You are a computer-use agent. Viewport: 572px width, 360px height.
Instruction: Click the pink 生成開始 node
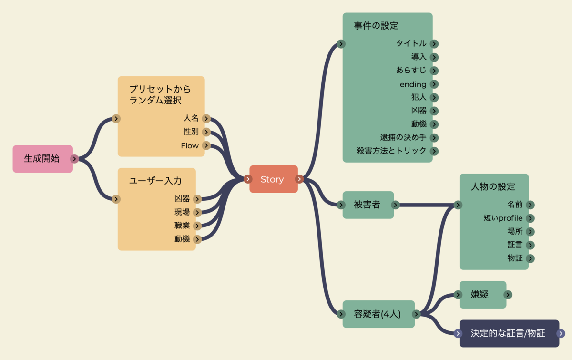(42, 159)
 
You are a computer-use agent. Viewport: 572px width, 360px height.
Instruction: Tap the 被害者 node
(368, 205)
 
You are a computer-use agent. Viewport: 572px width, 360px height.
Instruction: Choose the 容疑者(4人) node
(378, 314)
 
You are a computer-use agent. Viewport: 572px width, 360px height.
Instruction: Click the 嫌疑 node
(480, 295)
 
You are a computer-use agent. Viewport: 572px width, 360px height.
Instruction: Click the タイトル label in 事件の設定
(411, 43)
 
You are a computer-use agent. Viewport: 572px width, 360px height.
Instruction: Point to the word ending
(413, 84)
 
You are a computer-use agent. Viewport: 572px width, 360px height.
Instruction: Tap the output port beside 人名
(206, 119)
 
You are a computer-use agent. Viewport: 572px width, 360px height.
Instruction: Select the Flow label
(190, 145)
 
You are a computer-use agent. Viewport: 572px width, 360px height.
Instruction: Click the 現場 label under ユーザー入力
(182, 212)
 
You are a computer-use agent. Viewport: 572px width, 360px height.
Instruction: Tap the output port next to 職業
(197, 226)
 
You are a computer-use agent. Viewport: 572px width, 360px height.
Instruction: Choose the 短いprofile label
(503, 218)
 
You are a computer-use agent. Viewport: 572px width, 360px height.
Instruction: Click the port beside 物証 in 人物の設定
(530, 258)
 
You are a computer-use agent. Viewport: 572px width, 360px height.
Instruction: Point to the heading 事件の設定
(376, 26)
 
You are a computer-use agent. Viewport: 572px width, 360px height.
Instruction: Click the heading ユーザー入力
(155, 181)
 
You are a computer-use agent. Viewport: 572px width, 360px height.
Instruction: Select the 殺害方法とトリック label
(391, 151)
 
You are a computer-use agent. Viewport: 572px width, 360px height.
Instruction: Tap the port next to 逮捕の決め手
(434, 138)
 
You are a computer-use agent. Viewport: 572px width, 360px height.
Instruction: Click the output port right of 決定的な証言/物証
(561, 334)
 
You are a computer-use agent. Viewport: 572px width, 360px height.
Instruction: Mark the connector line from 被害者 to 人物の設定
(424, 205)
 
